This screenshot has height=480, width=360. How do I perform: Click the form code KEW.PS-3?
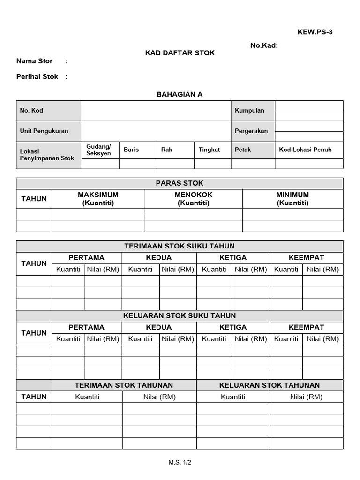point(315,32)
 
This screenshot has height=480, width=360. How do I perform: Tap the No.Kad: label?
point(264,45)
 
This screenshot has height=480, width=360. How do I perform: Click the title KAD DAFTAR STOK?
point(180,53)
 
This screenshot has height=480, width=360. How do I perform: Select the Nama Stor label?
point(35,61)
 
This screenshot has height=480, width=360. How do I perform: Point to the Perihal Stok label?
point(37,76)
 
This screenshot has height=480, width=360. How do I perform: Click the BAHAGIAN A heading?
point(180,94)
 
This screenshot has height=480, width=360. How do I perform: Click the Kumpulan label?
point(249,111)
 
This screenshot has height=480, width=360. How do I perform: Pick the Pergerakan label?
point(251,131)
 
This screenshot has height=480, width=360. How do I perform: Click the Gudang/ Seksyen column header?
point(99,150)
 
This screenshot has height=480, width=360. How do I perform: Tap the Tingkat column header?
point(209,150)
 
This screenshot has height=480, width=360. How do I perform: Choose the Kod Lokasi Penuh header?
point(305,150)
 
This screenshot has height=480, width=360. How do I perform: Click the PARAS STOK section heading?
point(180,183)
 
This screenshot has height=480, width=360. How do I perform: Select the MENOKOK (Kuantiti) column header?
point(194,199)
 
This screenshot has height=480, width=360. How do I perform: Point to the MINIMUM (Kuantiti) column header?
point(292,199)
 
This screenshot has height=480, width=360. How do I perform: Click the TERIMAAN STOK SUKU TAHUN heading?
point(180,246)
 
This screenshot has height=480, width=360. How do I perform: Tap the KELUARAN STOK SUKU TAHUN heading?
point(180,315)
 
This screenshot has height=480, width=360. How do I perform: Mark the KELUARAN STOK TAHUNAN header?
point(270,385)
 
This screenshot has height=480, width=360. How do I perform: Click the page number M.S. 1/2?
point(180,462)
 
